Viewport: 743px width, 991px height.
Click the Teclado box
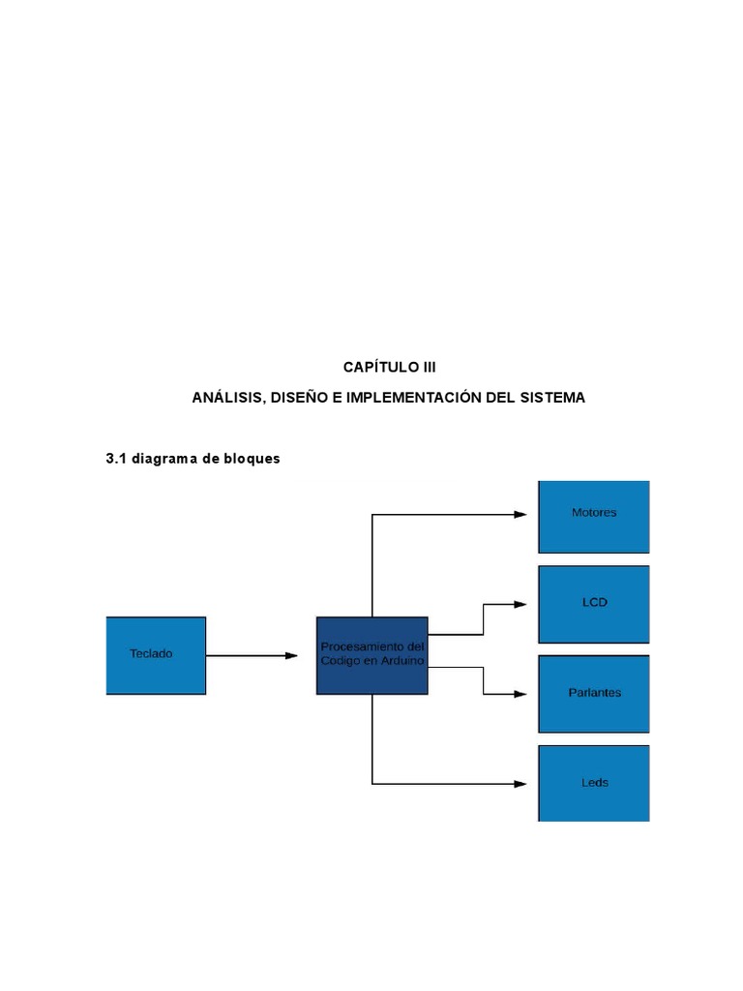(156, 655)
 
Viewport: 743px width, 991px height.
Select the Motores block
(593, 516)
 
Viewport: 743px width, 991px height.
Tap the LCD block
(593, 604)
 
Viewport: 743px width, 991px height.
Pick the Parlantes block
(593, 694)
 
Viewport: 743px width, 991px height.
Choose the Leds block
(593, 783)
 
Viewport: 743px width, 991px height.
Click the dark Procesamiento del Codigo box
(371, 655)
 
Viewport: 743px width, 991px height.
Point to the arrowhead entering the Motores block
(520, 515)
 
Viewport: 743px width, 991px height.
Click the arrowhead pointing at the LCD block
(520, 604)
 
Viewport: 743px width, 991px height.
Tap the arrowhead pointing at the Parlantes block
(520, 694)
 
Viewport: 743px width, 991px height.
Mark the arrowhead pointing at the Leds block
(520, 784)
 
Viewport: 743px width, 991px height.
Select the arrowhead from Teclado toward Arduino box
(291, 656)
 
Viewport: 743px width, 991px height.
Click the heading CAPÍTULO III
(390, 368)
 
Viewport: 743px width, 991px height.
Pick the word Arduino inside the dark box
(400, 661)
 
